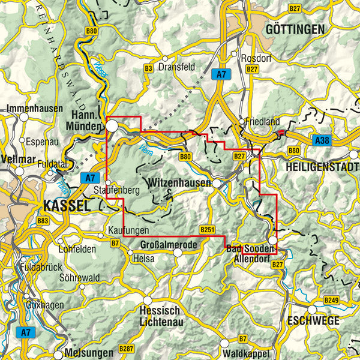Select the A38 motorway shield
click(x=322, y=140)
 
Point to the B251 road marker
click(x=207, y=230)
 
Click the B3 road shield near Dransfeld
click(x=148, y=69)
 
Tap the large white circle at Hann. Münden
click(x=113, y=125)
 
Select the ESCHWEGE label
click(x=313, y=320)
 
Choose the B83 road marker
click(x=43, y=221)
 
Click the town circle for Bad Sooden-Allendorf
click(x=272, y=241)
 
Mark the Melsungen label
click(x=90, y=352)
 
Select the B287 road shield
click(x=125, y=348)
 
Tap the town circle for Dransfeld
click(x=166, y=59)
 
